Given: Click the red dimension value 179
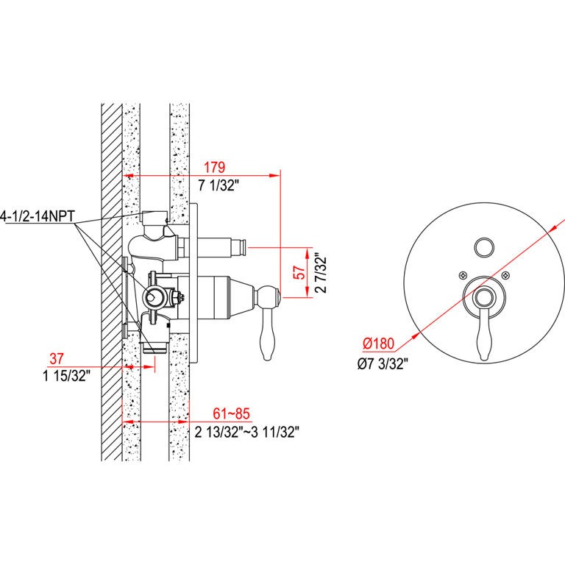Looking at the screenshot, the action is click(215, 167).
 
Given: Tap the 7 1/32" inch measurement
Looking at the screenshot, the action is click(218, 185).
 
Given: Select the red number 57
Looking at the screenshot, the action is click(300, 273).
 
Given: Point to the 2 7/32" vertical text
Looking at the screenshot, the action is click(320, 274).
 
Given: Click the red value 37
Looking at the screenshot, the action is click(57, 358).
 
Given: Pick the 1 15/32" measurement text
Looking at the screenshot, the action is click(66, 376).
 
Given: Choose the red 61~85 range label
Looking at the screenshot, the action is click(231, 413).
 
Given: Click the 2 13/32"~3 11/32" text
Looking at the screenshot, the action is click(247, 432).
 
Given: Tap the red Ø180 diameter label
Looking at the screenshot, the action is click(378, 343).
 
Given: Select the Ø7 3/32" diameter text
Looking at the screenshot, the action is click(383, 363).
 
